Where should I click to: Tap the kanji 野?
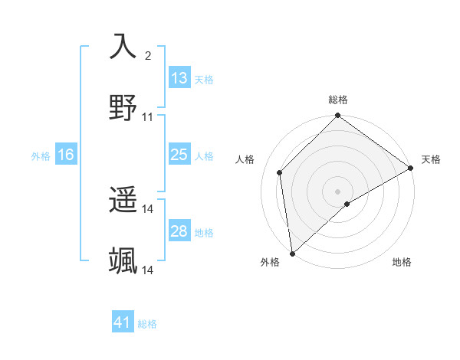[x=123, y=108]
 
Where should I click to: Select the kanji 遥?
[x=123, y=201]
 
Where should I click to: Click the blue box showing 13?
[x=179, y=78]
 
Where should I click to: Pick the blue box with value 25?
[x=179, y=155]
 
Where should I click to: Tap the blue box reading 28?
[x=179, y=231]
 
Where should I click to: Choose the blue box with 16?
[x=66, y=155]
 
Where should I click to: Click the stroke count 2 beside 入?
[x=148, y=55]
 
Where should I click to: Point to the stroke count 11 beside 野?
[x=148, y=117]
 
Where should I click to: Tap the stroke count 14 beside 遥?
[x=148, y=209]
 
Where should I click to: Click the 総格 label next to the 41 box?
[x=147, y=324]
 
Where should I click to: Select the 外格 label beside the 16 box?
[x=41, y=156]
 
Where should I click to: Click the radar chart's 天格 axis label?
[x=431, y=159]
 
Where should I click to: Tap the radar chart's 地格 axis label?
[x=402, y=262]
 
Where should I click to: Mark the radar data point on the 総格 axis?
[x=337, y=116]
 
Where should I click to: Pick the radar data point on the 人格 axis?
[x=280, y=172]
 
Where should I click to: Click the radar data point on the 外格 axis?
[x=292, y=253]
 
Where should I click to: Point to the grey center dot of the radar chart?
[x=337, y=191]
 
